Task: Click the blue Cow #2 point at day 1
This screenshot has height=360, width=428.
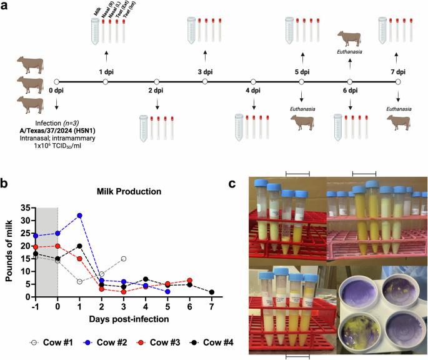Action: (x=79, y=216)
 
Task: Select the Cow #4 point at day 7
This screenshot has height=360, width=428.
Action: (x=211, y=292)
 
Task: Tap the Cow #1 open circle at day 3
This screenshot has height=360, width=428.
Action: (x=124, y=259)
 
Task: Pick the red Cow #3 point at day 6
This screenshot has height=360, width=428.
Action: (x=189, y=281)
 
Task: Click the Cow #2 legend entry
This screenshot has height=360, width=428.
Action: (x=92, y=342)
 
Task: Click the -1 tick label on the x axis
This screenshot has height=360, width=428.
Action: (x=36, y=307)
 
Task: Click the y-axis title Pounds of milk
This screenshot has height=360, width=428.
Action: (x=9, y=252)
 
